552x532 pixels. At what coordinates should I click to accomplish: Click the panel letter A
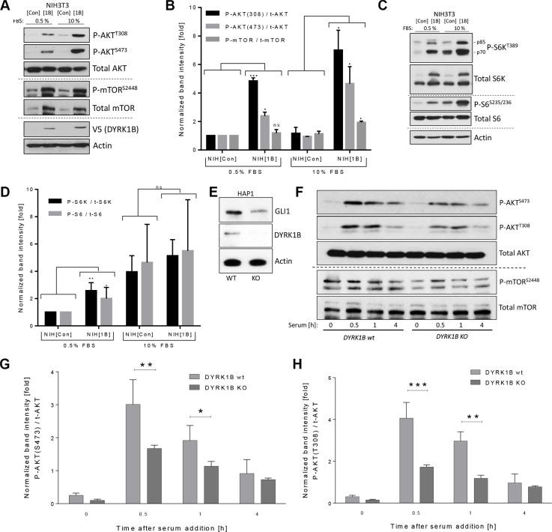pyautogui.click(x=7, y=7)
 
